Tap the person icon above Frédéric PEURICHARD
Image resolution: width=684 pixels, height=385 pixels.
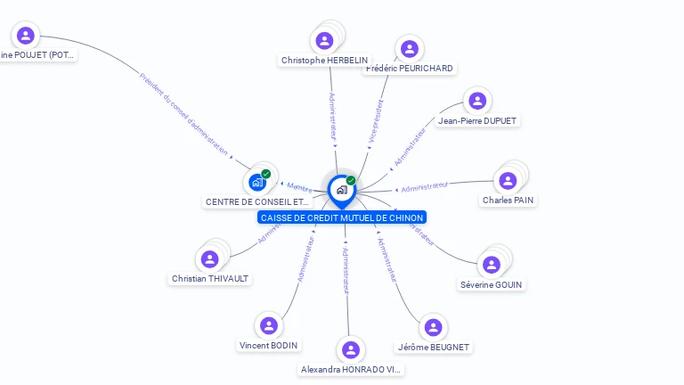pyautogui.click(x=409, y=48)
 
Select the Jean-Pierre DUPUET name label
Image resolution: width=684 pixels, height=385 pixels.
pyautogui.click(x=477, y=120)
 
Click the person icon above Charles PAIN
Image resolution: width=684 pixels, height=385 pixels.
pyautogui.click(x=508, y=181)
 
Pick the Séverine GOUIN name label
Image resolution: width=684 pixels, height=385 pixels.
pyautogui.click(x=492, y=284)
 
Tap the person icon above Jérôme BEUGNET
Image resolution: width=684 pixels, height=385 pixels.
pyautogui.click(x=433, y=327)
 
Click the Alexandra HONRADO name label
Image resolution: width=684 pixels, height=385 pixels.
pyautogui.click(x=351, y=369)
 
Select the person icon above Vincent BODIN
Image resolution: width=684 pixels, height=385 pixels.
pyautogui.click(x=269, y=325)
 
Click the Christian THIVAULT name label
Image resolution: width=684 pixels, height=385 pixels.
pyautogui.click(x=210, y=278)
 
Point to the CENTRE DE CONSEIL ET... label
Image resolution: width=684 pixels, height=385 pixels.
pyautogui.click(x=257, y=202)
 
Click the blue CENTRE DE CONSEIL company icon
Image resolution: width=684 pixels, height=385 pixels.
pyautogui.click(x=257, y=182)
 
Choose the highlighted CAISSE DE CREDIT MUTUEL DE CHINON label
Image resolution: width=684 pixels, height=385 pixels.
pyautogui.click(x=342, y=217)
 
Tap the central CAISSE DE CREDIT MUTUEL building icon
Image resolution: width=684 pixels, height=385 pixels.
pyautogui.click(x=341, y=190)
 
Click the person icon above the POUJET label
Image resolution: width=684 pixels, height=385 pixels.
pyautogui.click(x=26, y=36)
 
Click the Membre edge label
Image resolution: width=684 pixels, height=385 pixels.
pyautogui.click(x=300, y=187)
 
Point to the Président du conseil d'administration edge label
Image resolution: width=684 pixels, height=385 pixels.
pyautogui.click(x=183, y=113)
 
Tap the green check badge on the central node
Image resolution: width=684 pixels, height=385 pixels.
pyautogui.click(x=351, y=181)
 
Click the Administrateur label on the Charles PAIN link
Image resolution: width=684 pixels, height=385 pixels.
pyautogui.click(x=425, y=187)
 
